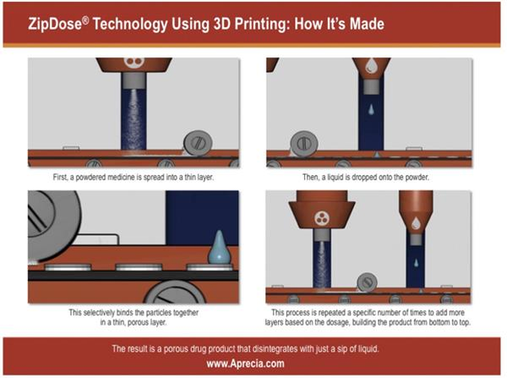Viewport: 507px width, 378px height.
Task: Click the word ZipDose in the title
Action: pos(55,24)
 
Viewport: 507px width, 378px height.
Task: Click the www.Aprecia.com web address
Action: pos(245,363)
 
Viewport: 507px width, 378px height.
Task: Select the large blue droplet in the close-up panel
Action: pos(219,247)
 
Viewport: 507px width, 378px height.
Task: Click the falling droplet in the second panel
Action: pos(371,110)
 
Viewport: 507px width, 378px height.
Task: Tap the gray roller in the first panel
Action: pos(198,143)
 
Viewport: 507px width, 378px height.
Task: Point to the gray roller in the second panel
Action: pos(304,144)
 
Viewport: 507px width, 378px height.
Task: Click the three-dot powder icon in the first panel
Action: pos(134,62)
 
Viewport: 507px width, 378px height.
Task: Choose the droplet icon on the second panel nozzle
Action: pos(371,65)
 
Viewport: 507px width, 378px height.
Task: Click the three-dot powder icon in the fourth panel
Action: pos(321,218)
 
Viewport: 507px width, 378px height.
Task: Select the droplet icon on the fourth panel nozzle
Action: pos(415,223)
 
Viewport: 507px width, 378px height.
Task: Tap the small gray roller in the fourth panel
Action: pos(367,282)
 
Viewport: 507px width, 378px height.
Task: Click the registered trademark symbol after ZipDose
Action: pos(85,20)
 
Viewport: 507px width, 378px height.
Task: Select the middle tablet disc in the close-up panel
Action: pos(139,267)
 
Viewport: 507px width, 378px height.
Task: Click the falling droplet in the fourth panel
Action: pos(416,263)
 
